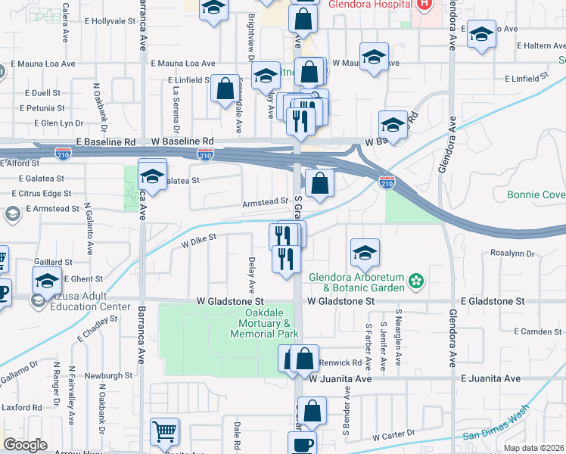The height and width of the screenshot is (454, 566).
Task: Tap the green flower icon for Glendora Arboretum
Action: [415, 282]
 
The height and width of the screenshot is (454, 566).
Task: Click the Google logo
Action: [25, 444]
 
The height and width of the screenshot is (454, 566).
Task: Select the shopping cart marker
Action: [164, 432]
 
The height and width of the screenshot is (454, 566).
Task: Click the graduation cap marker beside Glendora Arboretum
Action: [365, 253]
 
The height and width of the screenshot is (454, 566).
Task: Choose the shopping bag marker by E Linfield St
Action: [225, 89]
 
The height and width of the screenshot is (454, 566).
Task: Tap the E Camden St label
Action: [538, 331]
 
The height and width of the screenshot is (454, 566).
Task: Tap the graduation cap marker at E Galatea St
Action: [152, 177]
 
